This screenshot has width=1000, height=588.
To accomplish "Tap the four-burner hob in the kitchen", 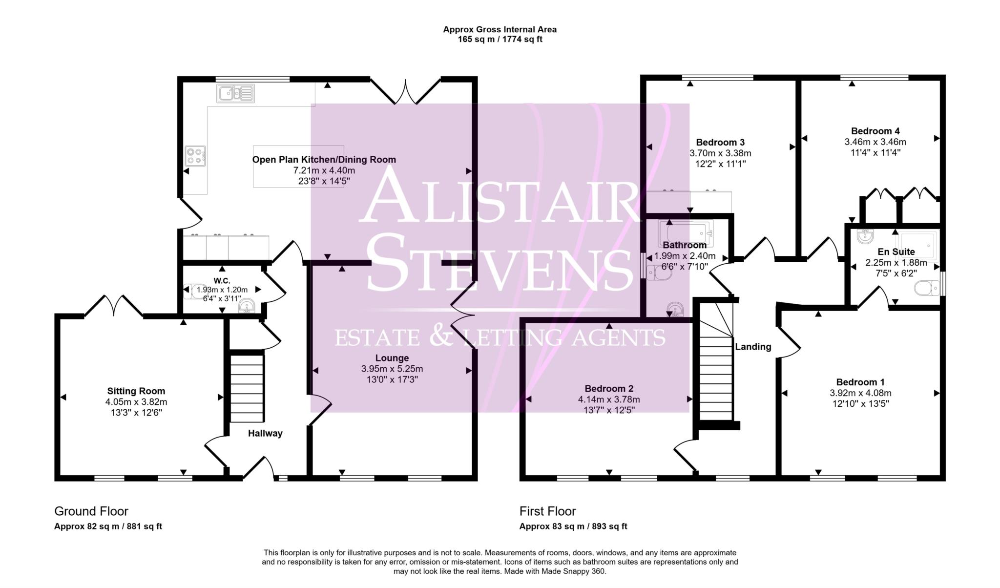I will [x=195, y=156].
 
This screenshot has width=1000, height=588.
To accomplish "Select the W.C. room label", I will [x=222, y=281].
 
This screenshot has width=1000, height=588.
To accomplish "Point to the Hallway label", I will [x=265, y=433].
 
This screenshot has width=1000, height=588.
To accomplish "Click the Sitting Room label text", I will [x=136, y=391].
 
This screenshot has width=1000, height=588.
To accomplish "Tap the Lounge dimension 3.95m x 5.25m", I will [x=392, y=369].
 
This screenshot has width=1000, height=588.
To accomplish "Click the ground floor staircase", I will [x=247, y=388].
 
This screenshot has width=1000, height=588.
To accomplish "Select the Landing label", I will [x=753, y=347].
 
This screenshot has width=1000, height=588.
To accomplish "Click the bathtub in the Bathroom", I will [x=686, y=232].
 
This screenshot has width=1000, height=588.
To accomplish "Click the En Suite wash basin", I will [x=865, y=236].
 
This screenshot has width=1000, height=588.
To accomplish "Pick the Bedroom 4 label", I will [x=875, y=131].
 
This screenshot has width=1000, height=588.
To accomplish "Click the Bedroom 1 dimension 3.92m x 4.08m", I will [x=860, y=393].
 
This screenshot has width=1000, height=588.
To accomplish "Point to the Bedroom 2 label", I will [x=609, y=389].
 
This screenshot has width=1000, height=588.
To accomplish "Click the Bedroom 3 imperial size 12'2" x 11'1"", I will [x=720, y=164].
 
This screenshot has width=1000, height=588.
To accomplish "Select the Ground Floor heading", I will [x=91, y=511].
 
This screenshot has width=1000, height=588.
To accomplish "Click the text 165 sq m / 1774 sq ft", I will [x=500, y=40].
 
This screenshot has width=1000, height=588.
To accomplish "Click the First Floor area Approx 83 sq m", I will [x=573, y=526].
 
